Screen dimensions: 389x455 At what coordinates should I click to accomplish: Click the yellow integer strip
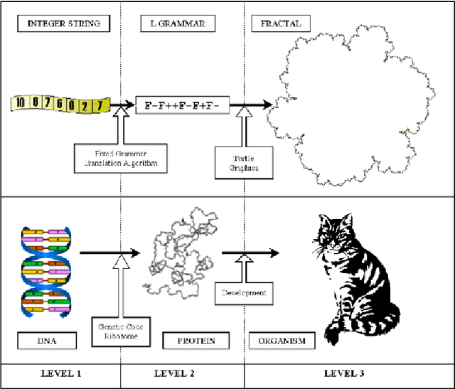[61, 104]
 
